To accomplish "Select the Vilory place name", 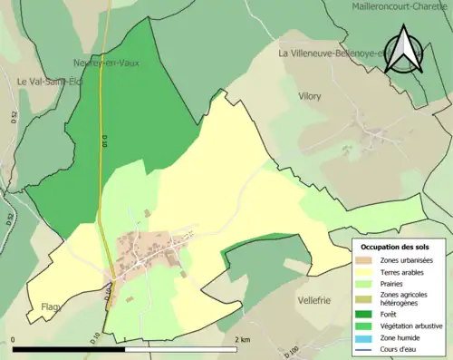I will pos(309,95).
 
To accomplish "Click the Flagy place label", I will pos(50,306).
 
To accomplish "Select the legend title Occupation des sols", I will pos(396,247).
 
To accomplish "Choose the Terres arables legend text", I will pos(405,273).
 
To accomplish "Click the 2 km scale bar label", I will pos(242,339).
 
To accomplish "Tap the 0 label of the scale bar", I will pos(14,339).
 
